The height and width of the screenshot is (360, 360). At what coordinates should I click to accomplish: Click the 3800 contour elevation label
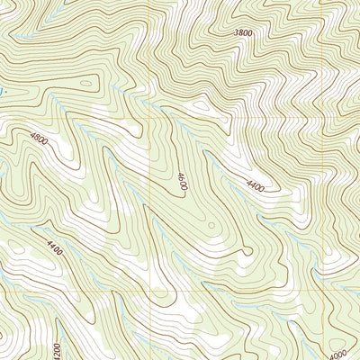(x=242, y=32)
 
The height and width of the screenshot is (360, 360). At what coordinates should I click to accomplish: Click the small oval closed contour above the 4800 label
(x=85, y=85)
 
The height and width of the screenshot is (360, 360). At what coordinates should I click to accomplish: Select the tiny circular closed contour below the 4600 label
(x=210, y=226)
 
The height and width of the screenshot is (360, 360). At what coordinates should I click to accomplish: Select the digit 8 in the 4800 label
(x=36, y=139)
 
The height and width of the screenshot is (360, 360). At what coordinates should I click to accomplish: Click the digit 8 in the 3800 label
(x=239, y=32)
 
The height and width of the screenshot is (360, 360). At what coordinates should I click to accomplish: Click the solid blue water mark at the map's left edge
(x=2, y=91)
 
